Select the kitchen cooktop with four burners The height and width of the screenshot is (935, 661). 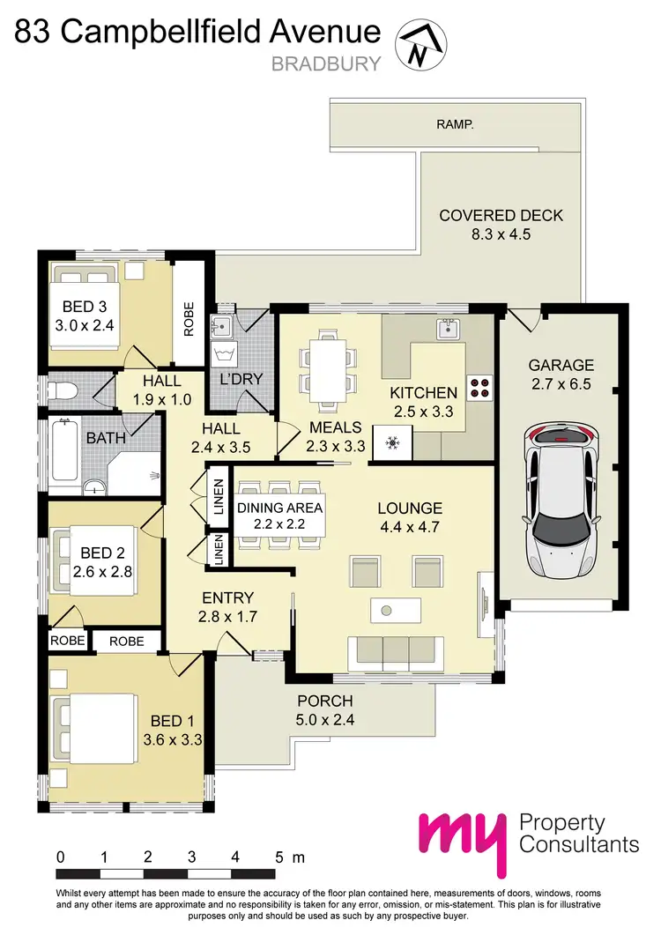coord(479,389)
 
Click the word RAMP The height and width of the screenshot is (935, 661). coord(455,125)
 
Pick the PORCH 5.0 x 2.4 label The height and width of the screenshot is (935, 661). coord(324,709)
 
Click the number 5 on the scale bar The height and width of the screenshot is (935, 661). coord(279,857)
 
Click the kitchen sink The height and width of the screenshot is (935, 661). coord(446,330)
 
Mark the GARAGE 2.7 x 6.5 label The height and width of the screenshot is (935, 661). coord(561,374)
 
